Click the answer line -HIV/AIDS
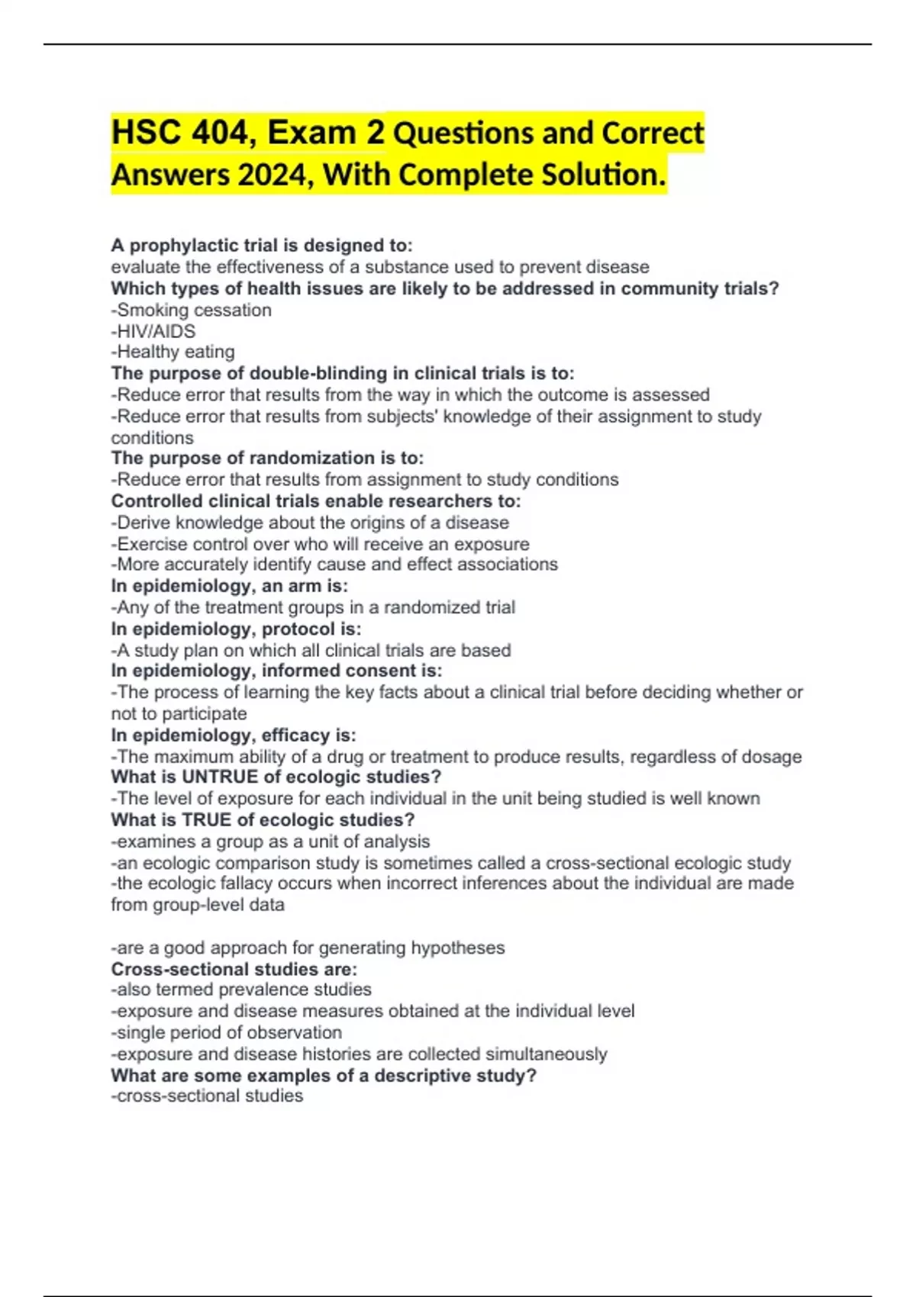(x=153, y=331)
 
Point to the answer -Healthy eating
(x=173, y=352)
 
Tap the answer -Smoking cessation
(x=192, y=310)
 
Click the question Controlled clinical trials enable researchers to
(x=316, y=501)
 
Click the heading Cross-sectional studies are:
(x=234, y=969)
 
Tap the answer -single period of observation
(x=227, y=1032)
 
